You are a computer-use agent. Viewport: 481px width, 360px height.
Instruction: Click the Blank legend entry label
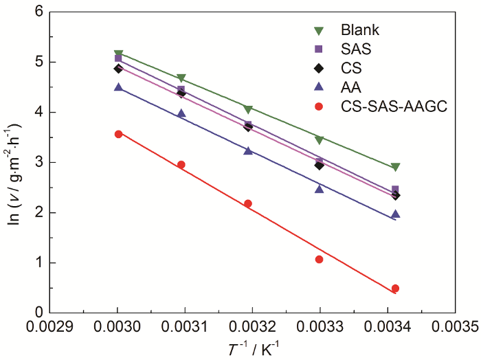(x=359, y=30)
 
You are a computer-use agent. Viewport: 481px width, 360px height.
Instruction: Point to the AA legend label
(x=350, y=88)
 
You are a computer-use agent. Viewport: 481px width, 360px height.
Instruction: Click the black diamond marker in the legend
(x=318, y=69)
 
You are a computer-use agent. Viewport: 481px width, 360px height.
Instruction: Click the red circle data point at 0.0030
(x=118, y=134)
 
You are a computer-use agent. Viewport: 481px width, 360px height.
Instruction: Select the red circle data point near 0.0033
(x=319, y=259)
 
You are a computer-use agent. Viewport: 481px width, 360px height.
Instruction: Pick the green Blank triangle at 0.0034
(x=395, y=167)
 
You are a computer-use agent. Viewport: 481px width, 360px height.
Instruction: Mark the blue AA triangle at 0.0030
(x=118, y=87)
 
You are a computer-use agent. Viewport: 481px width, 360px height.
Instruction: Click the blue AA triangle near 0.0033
(x=319, y=188)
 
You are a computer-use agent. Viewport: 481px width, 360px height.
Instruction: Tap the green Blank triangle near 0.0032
(x=248, y=109)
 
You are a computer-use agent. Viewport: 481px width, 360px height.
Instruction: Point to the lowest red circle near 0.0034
(x=395, y=289)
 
